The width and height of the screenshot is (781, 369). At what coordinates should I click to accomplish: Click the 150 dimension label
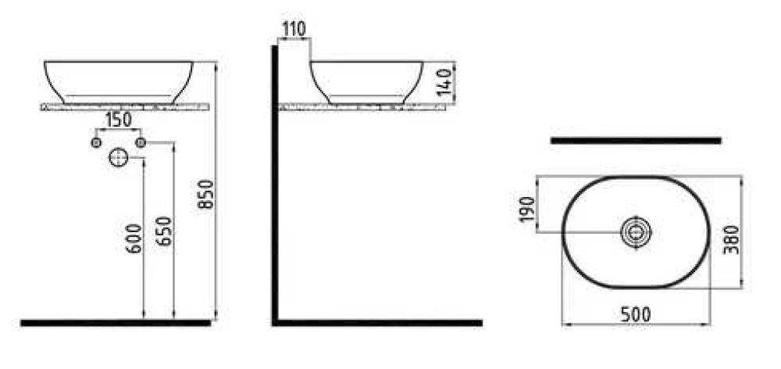click(x=119, y=121)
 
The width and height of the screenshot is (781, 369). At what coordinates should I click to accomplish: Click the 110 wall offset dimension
click(x=294, y=30)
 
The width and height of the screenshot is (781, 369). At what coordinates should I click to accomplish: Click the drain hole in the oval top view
click(x=636, y=232)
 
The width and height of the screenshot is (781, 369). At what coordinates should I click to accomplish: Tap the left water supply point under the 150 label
click(x=96, y=142)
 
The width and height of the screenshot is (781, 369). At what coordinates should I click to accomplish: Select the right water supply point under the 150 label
click(x=141, y=142)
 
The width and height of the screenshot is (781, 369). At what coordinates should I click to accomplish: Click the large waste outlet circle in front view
click(x=119, y=158)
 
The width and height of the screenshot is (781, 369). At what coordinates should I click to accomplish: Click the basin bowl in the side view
click(x=366, y=79)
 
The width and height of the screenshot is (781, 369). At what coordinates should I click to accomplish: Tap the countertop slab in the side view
click(x=363, y=106)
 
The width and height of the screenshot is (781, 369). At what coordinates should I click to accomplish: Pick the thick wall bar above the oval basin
click(x=635, y=141)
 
